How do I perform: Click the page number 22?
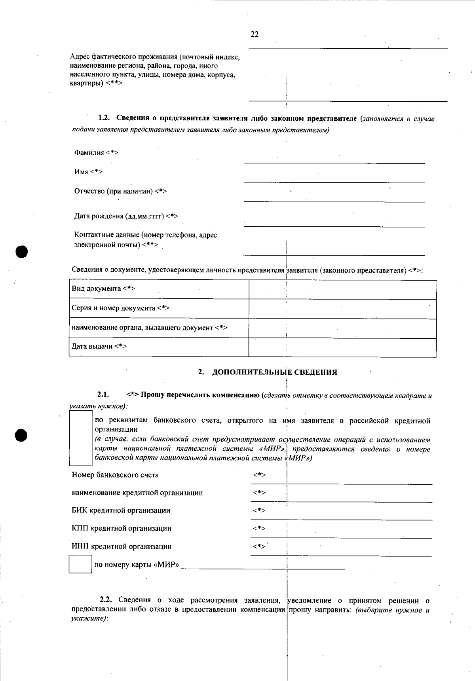coord(255,34)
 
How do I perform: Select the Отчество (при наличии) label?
coord(120,191)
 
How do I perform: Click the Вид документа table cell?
coord(158,289)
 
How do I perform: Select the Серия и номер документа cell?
coord(158,308)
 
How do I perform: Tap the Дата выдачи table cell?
coord(158,347)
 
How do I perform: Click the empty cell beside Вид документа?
coord(342,289)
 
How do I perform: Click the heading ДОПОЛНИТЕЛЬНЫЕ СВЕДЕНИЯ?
coord(274,372)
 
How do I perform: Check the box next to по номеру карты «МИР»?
coord(80,564)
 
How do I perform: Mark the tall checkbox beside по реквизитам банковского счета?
coord(81,438)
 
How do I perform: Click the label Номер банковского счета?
coord(115,475)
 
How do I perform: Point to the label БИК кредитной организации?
coord(121,510)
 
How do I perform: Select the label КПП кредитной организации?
coord(122,529)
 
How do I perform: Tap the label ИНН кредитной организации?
coord(122,547)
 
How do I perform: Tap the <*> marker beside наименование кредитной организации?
coord(259,493)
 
